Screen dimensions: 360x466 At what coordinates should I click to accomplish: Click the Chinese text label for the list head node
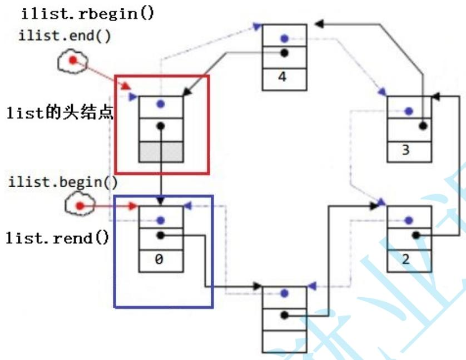[x=60, y=114]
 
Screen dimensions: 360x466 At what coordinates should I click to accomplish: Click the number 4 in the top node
[x=284, y=77]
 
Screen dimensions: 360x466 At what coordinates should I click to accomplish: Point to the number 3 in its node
[x=409, y=150]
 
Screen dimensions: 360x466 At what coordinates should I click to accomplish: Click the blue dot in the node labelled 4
[x=284, y=38]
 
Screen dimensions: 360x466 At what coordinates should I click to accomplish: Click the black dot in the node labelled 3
[x=423, y=126]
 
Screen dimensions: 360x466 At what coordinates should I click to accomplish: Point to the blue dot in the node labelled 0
[x=160, y=220]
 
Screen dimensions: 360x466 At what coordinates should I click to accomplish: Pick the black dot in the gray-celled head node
[x=160, y=126]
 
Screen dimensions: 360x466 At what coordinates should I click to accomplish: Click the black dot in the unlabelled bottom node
[x=284, y=315]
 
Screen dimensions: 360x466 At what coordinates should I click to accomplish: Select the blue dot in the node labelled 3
[x=409, y=111]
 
